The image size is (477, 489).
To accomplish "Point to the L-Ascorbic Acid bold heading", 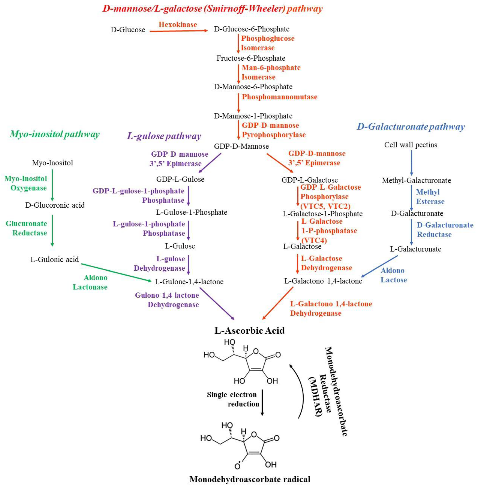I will coord(249,330).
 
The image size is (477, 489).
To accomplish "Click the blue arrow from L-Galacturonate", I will coord(380,266).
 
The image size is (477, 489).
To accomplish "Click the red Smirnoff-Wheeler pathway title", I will coord(212,9).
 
